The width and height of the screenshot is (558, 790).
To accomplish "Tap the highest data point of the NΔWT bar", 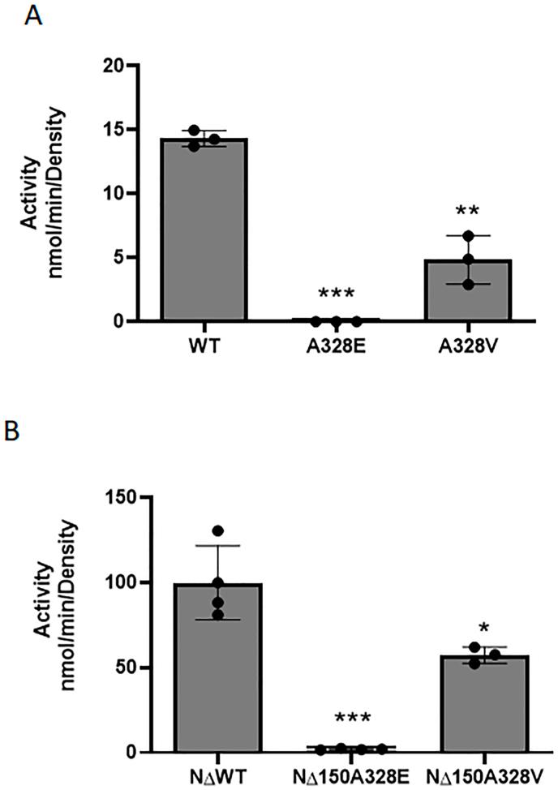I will tap(217, 531).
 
